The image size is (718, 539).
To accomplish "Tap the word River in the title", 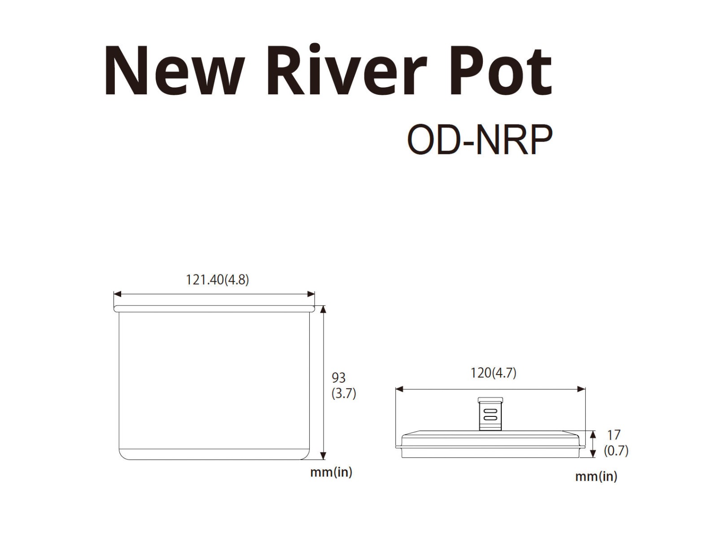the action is coord(347,70).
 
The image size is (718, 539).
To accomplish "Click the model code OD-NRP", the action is coord(480,139).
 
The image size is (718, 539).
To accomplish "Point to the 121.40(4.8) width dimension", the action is coord(218,280).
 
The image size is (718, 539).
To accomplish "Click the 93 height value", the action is coord(338,378).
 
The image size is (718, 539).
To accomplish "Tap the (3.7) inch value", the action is coord(344,393).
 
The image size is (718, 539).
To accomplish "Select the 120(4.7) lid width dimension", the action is coord(493,373).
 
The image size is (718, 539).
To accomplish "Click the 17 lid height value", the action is coord(613,435).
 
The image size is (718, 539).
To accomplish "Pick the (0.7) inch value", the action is coord(616,451).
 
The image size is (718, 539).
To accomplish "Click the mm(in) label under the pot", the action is coord(331,472).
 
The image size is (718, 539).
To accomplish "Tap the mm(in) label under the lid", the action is coord(596,477).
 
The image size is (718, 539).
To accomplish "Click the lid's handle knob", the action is coord(490,414).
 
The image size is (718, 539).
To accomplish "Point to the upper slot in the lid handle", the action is coord(490,411).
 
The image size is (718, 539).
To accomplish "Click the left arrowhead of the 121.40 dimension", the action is coord(118,294).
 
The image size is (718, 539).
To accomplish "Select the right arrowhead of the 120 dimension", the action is coord(581,389).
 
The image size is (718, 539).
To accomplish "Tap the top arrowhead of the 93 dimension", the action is coord(323,309).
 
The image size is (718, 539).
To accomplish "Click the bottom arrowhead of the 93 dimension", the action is coord(323,456).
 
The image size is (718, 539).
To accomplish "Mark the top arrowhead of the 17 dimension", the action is coord(593,435).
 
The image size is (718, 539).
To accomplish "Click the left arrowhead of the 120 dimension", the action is coord(399,389).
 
